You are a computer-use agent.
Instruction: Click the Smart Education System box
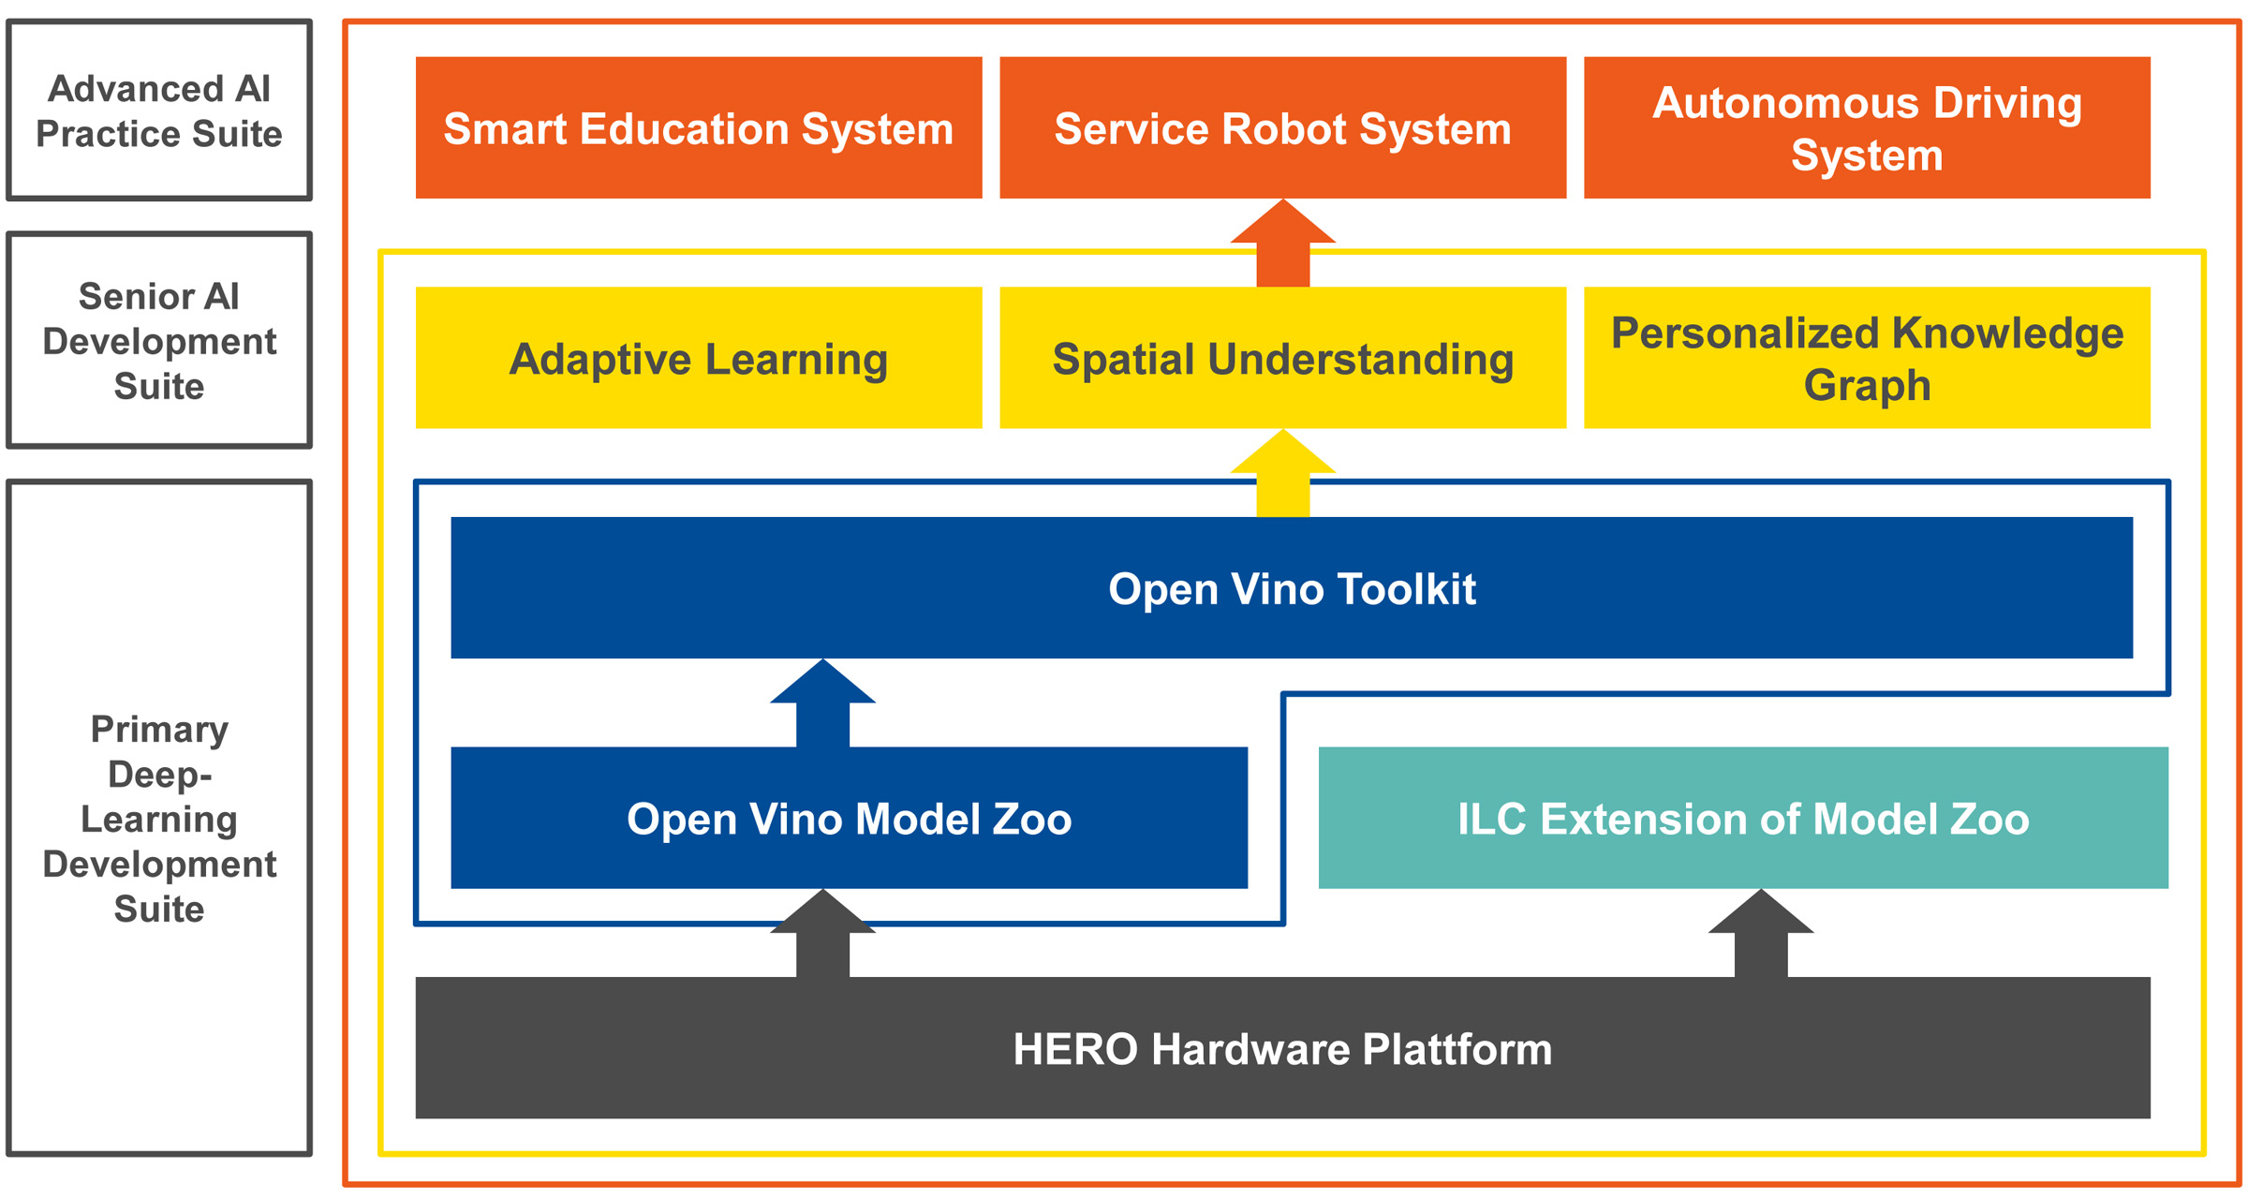point(699,127)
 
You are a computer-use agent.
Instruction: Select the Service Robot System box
point(1282,127)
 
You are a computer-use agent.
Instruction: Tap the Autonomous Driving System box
point(1866,127)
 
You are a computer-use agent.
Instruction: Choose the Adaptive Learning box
point(699,358)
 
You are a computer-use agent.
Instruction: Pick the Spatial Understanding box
point(1282,358)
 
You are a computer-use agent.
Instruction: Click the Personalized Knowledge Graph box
point(1866,358)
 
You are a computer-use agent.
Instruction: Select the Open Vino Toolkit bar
point(1291,588)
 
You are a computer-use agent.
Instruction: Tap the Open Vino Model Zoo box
point(849,818)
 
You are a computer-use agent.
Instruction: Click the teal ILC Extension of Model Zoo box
point(1742,818)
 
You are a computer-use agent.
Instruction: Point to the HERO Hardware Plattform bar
point(1282,1047)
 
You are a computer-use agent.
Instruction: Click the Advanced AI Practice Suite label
point(159,111)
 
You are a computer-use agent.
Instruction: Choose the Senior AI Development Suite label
point(159,341)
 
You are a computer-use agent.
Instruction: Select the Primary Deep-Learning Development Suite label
point(159,818)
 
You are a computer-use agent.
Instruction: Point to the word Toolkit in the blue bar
point(1406,589)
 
